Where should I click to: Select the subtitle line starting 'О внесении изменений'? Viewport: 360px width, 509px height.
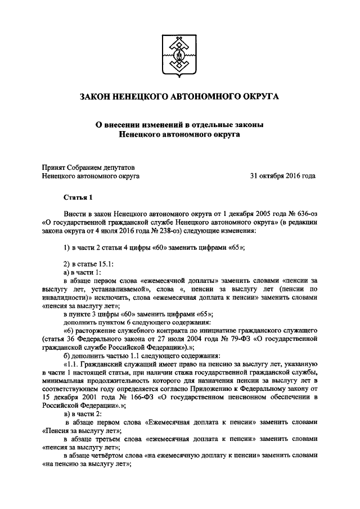179,125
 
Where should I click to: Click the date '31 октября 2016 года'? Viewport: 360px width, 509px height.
283,175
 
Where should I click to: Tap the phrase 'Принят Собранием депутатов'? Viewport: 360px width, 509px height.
88,166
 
